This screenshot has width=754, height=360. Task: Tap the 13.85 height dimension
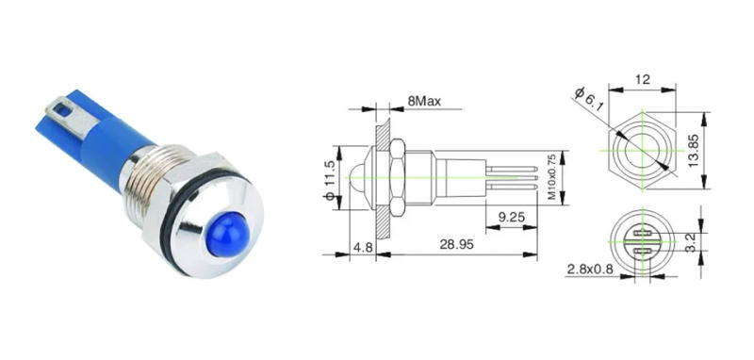[695, 149]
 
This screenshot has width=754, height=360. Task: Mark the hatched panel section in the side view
[381, 188]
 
